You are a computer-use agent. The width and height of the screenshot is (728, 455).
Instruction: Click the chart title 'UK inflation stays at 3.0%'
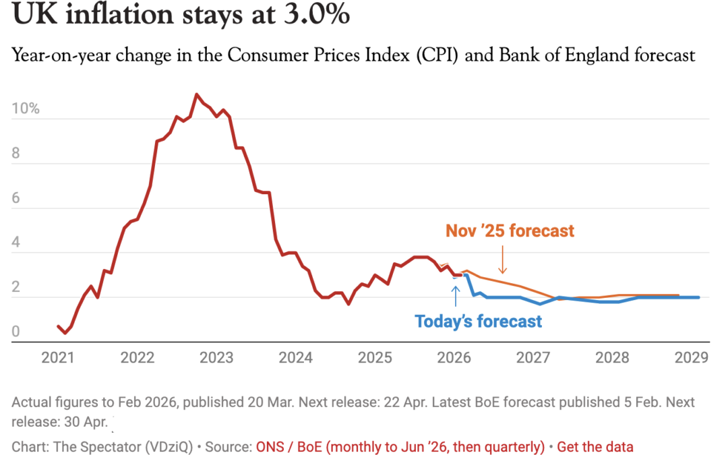[181, 16]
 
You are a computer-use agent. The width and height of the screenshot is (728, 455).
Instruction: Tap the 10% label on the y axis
[26, 109]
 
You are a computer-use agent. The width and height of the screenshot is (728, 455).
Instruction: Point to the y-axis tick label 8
[17, 154]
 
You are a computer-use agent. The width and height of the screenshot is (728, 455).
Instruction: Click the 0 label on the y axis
[17, 332]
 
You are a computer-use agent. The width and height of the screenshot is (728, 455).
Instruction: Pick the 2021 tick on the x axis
[58, 357]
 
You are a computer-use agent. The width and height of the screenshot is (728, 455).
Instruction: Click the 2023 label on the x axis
[216, 357]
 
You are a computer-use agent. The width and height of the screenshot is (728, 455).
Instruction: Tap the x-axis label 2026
[454, 357]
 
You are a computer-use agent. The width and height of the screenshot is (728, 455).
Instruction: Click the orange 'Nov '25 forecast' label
[510, 231]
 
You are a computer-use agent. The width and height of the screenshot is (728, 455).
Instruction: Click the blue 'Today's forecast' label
[478, 322]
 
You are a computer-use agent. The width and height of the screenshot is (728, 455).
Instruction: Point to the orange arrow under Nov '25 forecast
[502, 260]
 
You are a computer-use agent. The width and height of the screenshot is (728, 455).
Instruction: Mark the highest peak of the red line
[196, 94]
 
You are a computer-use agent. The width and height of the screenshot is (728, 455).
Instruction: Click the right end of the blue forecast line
[698, 297]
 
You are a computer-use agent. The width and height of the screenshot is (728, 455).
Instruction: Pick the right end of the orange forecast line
[677, 295]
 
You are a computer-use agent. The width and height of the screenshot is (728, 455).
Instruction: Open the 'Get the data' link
[595, 446]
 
